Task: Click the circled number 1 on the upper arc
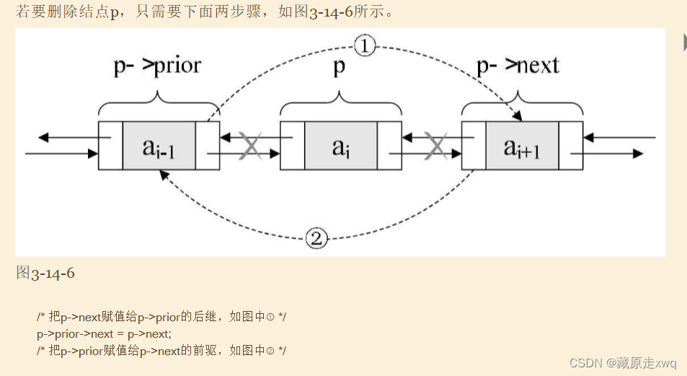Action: click(x=365, y=45)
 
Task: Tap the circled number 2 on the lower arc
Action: click(x=316, y=238)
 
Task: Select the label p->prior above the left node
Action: click(x=157, y=66)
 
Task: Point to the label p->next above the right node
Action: click(x=518, y=66)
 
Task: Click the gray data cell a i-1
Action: click(x=159, y=146)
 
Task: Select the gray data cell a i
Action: click(x=341, y=146)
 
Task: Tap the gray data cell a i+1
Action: click(x=522, y=146)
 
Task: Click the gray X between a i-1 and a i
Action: click(x=250, y=146)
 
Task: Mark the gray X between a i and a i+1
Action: click(x=436, y=146)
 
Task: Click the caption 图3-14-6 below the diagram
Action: click(x=45, y=273)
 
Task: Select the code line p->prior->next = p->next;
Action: click(x=105, y=334)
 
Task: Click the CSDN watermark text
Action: click(x=623, y=363)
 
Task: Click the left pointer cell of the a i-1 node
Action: click(x=111, y=146)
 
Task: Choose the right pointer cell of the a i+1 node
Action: click(x=571, y=146)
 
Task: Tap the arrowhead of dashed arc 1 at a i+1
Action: click(x=518, y=116)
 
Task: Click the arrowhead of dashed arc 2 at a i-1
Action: click(x=164, y=175)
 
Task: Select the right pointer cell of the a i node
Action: click(x=389, y=146)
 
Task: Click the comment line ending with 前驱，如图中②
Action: click(x=161, y=351)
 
